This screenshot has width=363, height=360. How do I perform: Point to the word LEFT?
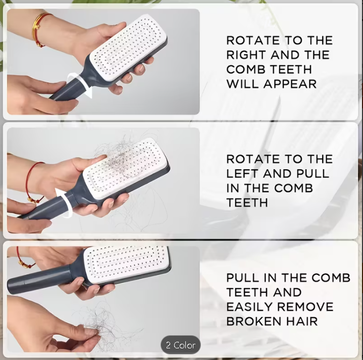coord(243,174)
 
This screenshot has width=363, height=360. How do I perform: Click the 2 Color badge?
coord(181,345)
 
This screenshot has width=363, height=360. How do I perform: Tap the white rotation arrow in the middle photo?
coord(61,196)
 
